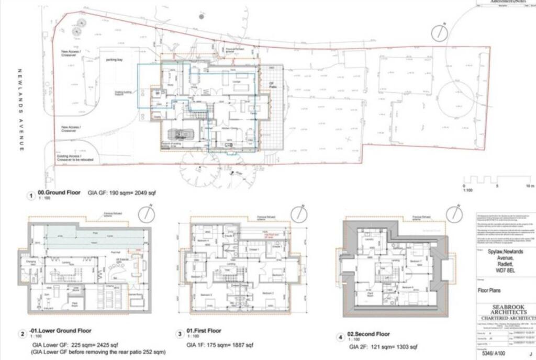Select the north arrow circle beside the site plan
439,32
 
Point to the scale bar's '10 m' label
530,186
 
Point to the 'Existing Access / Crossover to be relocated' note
73,156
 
